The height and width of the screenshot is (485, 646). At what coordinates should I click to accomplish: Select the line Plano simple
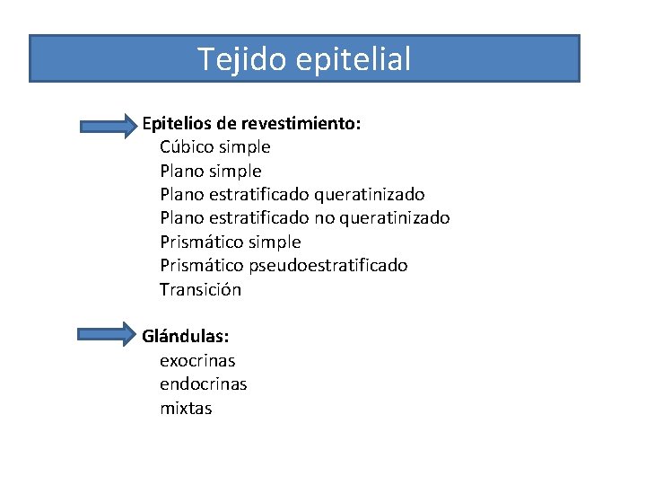click(x=210, y=171)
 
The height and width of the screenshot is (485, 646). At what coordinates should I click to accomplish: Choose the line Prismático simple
click(x=230, y=242)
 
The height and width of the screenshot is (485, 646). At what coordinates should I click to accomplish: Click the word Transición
click(x=200, y=289)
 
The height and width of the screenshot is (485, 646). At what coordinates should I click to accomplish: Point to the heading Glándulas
click(x=186, y=337)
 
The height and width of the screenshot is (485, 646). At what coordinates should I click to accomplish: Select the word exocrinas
click(x=197, y=361)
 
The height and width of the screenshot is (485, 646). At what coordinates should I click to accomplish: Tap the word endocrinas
click(x=204, y=384)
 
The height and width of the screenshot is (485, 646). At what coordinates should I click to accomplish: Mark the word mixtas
click(x=186, y=408)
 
